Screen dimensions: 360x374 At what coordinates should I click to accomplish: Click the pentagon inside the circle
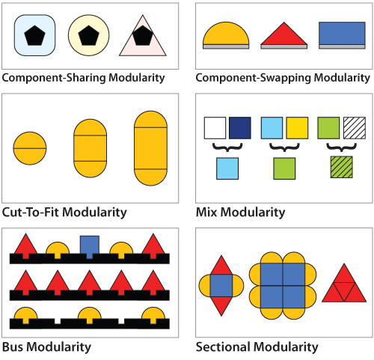point(89,34)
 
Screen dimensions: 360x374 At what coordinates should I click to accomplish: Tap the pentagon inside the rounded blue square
point(35,34)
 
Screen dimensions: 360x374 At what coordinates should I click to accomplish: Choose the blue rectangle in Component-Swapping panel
point(342,33)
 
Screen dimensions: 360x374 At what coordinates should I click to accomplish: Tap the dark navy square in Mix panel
point(240,127)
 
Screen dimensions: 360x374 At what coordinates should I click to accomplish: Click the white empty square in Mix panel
point(215,127)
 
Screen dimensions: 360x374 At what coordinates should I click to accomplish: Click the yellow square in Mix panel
point(297,127)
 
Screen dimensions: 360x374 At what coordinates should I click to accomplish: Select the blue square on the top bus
point(90,245)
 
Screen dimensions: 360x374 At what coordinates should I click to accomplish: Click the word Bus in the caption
point(14,347)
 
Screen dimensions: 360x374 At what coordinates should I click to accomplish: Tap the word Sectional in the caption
point(222,347)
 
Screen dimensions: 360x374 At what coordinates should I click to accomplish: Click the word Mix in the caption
point(209,212)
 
